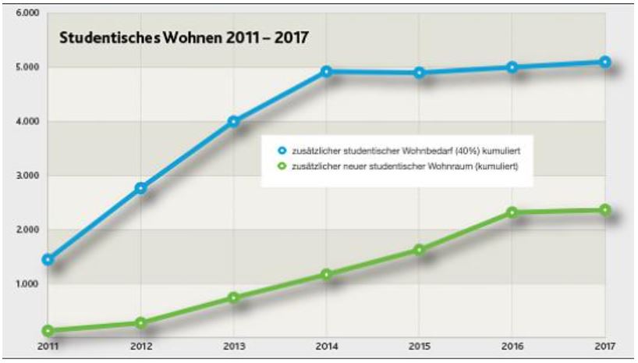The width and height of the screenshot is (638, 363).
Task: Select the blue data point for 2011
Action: point(48,259)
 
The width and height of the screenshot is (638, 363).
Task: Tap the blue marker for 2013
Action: point(233,122)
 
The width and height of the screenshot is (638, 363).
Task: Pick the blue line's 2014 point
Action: point(327,72)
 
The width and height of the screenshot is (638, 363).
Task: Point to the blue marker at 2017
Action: point(605,62)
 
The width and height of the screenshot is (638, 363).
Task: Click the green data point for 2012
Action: point(141,323)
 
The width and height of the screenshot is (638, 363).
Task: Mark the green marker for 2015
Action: point(420,251)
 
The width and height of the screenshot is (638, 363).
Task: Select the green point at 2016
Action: point(512,212)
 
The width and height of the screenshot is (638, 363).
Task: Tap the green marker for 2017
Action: point(605,210)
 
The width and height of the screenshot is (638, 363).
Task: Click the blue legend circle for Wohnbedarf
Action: point(271,148)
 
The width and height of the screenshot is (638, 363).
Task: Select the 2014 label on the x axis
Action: point(327,346)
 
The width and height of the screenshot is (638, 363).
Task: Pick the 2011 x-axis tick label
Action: point(48,346)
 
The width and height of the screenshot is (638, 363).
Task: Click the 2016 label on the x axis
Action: point(512,346)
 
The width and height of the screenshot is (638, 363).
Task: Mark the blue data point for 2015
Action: point(420,73)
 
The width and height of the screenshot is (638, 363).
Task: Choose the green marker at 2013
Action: point(233,297)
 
